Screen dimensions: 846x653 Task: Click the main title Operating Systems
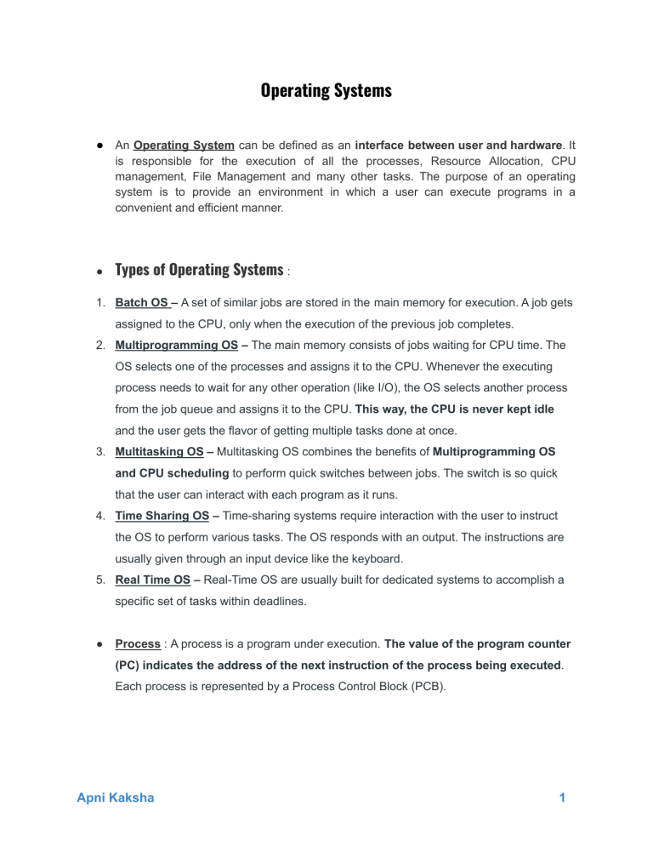pyautogui.click(x=326, y=90)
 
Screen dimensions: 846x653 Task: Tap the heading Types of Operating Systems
pyautogui.click(x=200, y=270)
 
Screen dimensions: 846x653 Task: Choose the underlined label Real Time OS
pyautogui.click(x=150, y=580)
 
